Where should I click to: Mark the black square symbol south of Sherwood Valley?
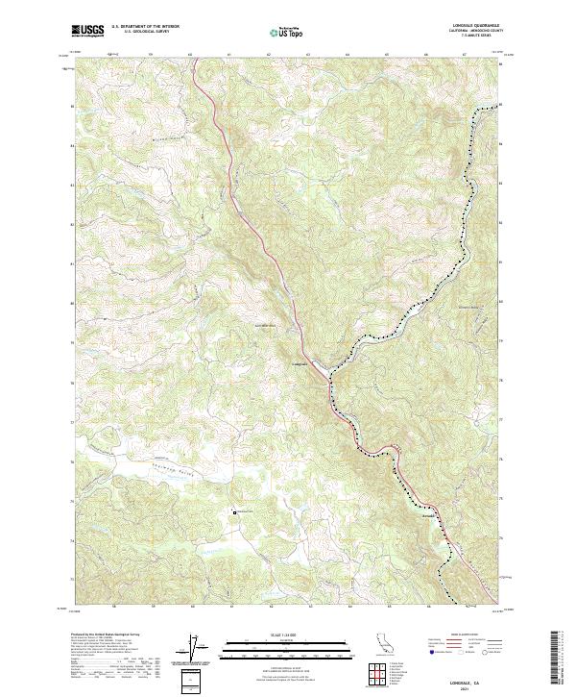[235, 511]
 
